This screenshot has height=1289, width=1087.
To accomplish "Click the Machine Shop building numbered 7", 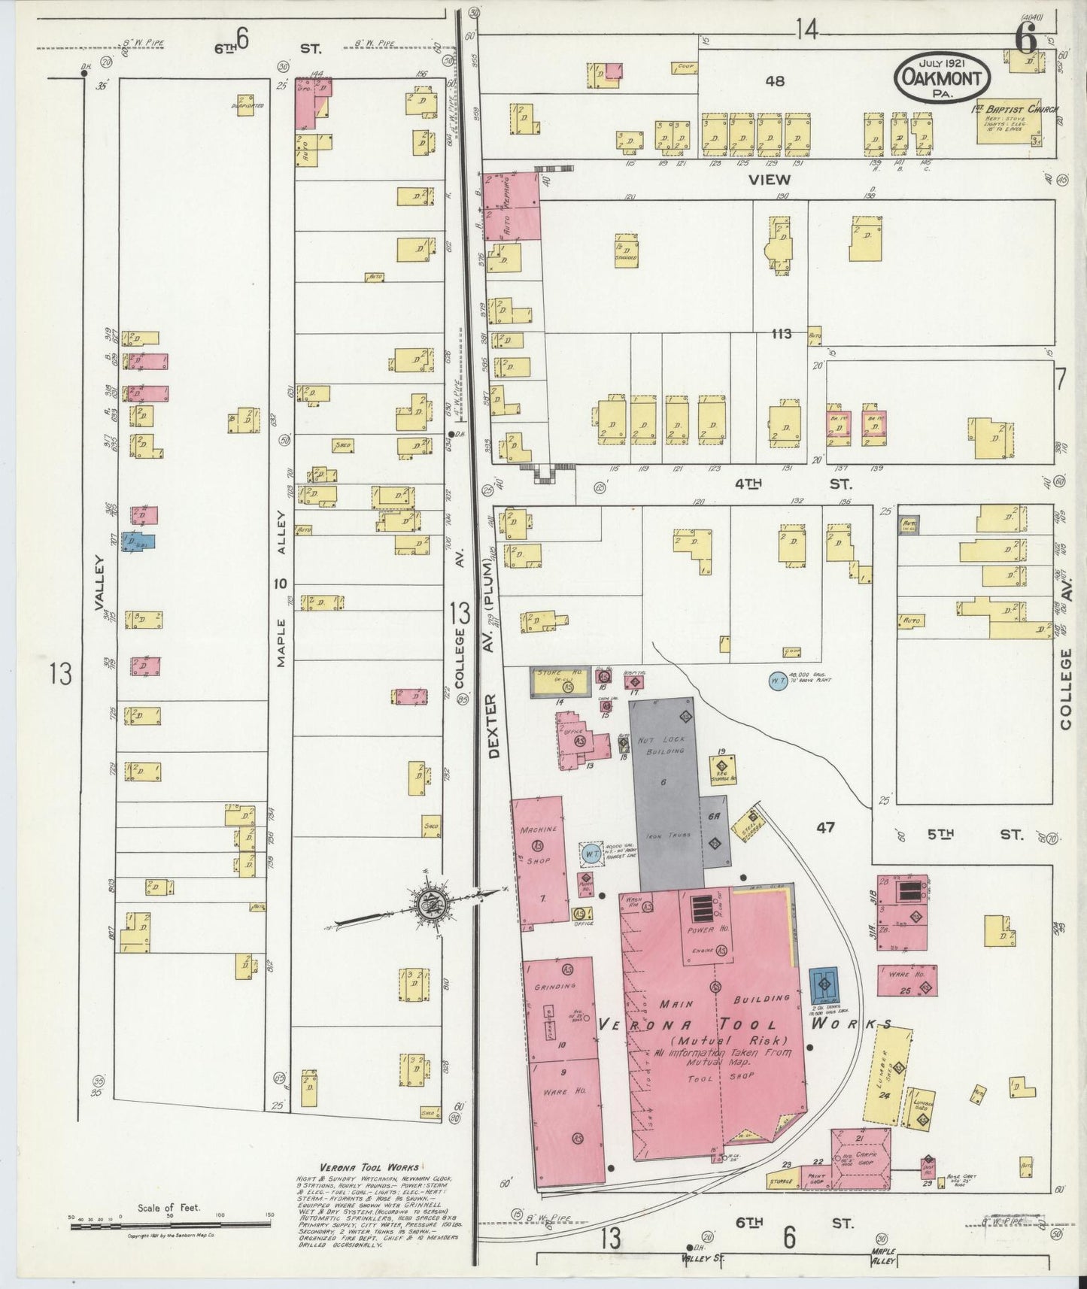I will point(539,860).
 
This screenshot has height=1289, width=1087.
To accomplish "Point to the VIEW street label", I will point(770,179).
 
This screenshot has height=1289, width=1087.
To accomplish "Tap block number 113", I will point(781,333).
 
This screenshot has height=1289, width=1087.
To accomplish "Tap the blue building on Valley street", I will point(138,541).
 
